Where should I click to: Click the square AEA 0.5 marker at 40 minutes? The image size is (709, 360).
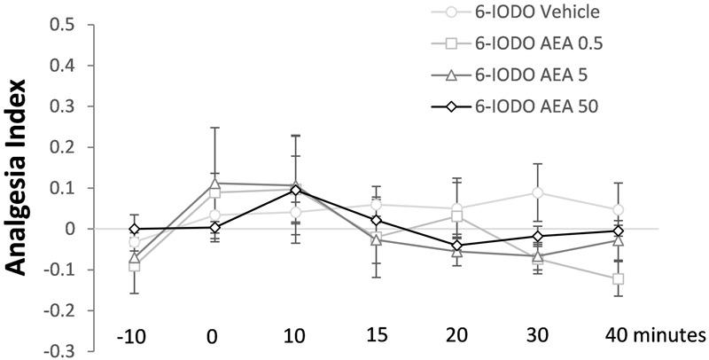click(618, 278)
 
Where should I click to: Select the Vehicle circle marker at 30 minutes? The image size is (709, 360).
click(537, 192)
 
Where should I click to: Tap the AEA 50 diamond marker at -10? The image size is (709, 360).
click(135, 229)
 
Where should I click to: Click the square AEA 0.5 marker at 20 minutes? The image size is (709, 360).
click(456, 215)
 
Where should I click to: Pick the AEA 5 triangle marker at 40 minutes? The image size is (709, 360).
click(618, 240)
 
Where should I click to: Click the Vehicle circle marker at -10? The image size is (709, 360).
click(135, 242)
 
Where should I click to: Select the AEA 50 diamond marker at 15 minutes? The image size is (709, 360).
click(376, 220)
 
